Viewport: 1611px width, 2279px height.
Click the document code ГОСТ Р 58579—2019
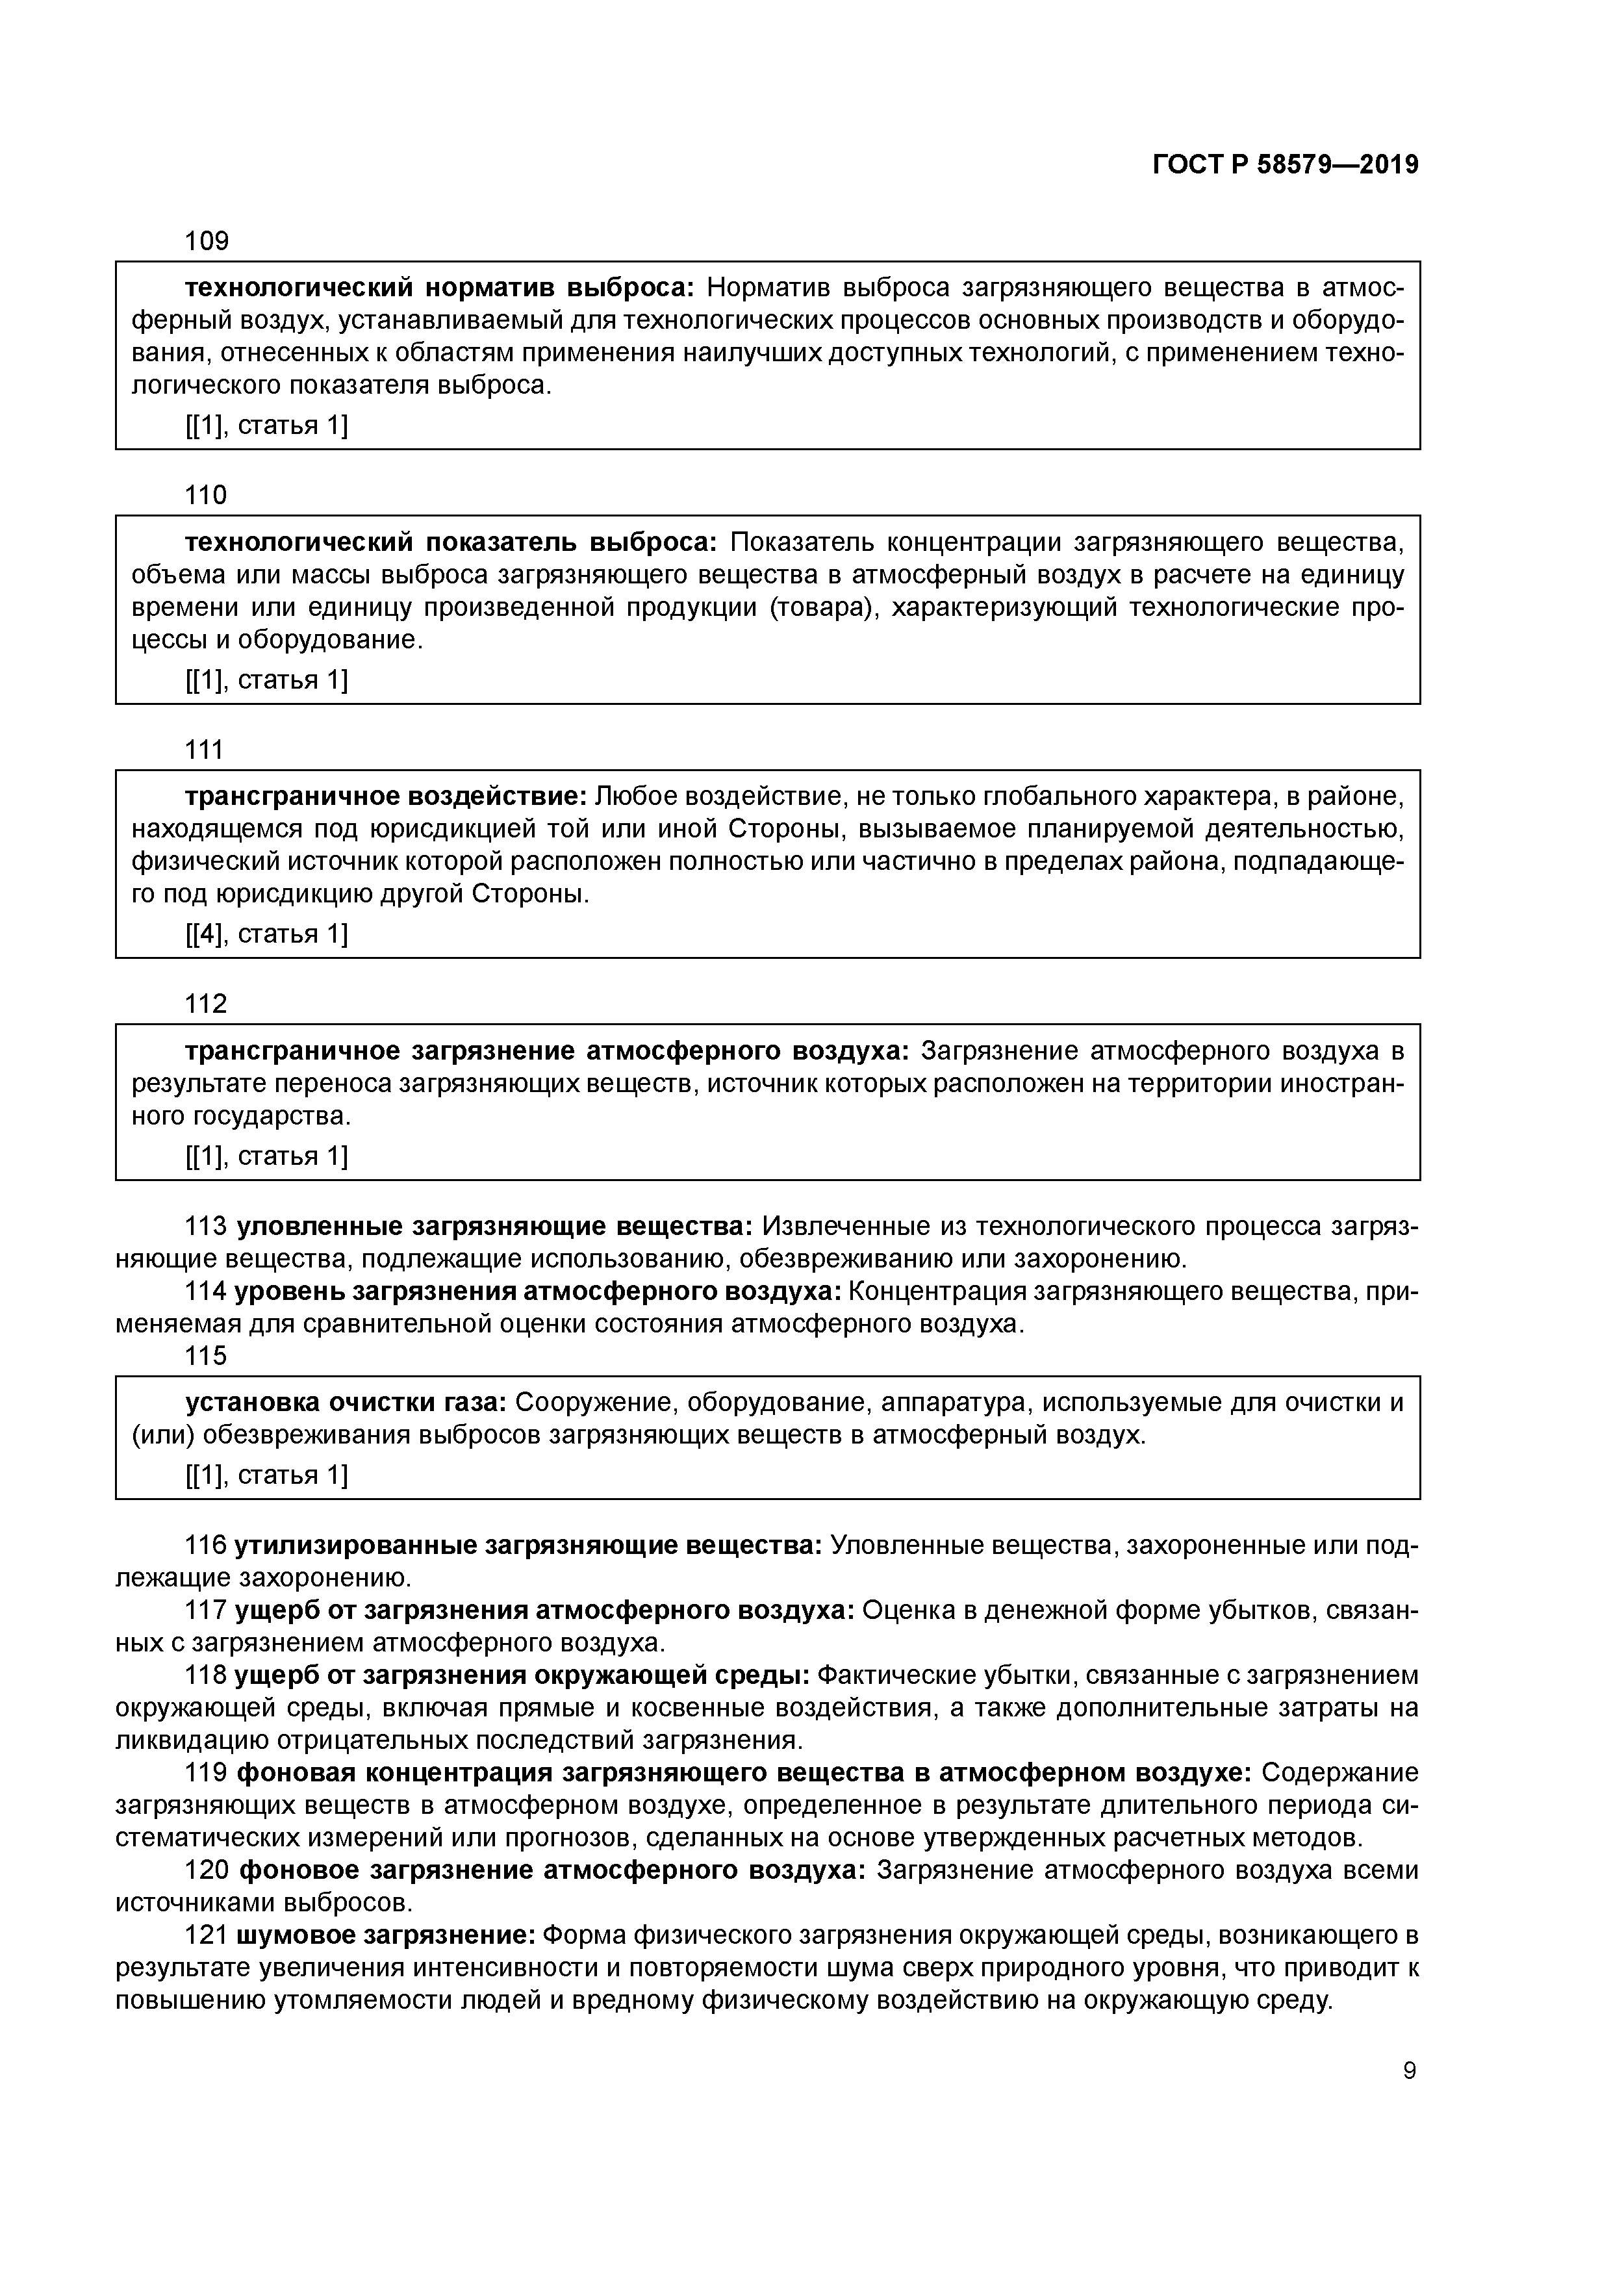1286,165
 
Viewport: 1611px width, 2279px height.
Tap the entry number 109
207,241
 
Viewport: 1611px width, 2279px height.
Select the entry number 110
207,495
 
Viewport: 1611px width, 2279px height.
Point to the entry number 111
205,750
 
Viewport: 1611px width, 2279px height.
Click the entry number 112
207,1004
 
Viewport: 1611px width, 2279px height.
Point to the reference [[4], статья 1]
267,934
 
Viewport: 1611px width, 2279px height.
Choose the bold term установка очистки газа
346,1403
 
